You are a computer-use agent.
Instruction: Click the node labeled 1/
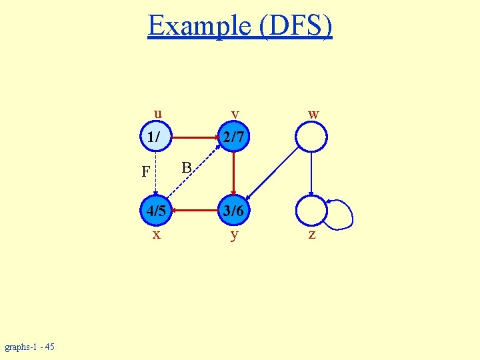tap(155, 138)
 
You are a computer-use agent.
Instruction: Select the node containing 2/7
tap(233, 138)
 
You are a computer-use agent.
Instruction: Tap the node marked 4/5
tap(155, 211)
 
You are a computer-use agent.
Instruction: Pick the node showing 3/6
tap(233, 211)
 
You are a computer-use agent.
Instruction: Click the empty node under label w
tap(311, 138)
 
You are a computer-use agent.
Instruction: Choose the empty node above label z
tap(311, 211)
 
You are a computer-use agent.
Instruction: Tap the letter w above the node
tap(313, 114)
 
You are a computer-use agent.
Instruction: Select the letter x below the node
tap(156, 235)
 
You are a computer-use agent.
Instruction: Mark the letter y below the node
tap(234, 235)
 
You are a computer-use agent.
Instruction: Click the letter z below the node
tap(311, 235)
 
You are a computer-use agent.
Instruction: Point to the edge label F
tap(145, 172)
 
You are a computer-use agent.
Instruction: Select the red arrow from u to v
tap(194, 138)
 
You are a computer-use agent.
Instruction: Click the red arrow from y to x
tap(194, 211)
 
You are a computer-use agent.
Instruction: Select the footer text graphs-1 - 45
tap(31, 347)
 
